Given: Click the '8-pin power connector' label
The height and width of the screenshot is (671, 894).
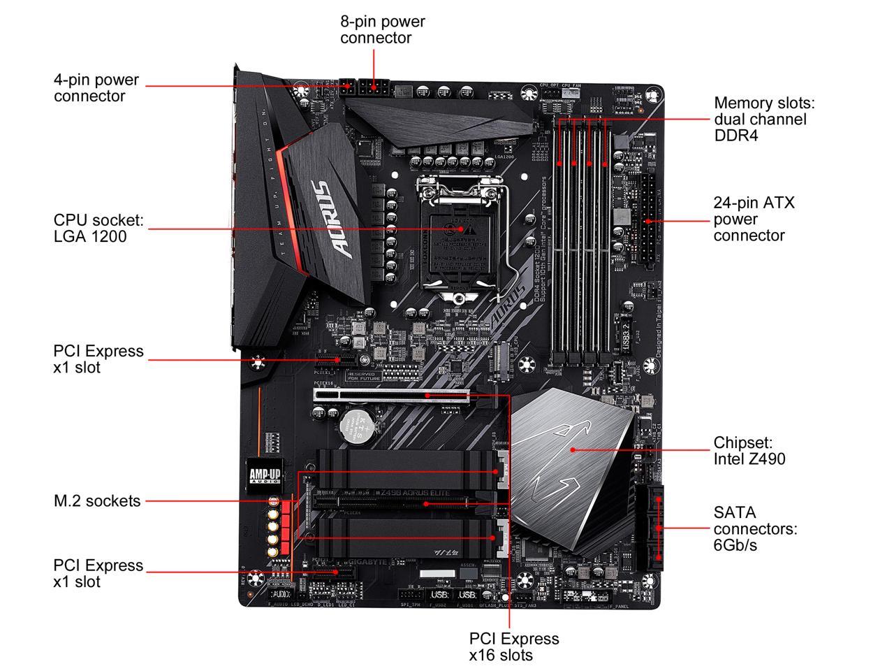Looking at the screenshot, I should coord(382,29).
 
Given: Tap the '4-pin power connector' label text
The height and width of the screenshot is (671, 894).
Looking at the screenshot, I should coord(96,88).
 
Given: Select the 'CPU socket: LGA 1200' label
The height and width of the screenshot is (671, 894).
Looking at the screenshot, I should coord(98,229).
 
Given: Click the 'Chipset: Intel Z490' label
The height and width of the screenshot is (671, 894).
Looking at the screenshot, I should coord(749,451).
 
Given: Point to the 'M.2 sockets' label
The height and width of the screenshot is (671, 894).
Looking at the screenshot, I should coord(97,500).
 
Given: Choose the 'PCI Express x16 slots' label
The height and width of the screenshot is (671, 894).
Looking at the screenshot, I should coord(514,647).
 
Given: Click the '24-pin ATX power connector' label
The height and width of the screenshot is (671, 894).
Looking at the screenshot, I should coord(754,219).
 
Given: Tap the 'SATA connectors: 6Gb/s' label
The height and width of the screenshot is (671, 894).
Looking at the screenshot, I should coord(755,528).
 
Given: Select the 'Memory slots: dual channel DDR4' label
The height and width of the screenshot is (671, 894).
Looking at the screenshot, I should coord(764,119).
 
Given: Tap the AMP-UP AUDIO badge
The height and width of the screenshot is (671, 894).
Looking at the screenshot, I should coord(265,475).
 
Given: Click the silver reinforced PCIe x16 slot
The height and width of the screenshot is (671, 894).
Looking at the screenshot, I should coord(391,396).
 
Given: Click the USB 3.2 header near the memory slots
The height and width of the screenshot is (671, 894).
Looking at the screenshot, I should coord(627,335).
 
